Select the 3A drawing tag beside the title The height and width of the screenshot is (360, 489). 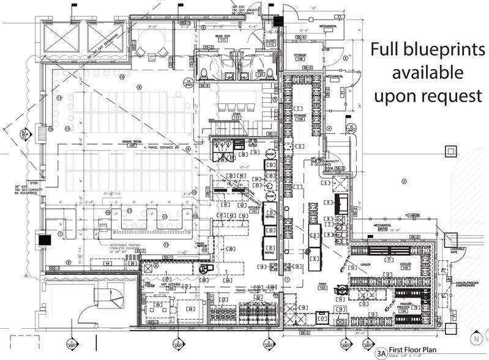pyautogui.click(x=381, y=353)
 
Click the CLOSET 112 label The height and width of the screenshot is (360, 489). pyautogui.click(x=271, y=42)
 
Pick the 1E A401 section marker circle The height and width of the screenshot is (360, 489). pyautogui.click(x=350, y=129)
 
